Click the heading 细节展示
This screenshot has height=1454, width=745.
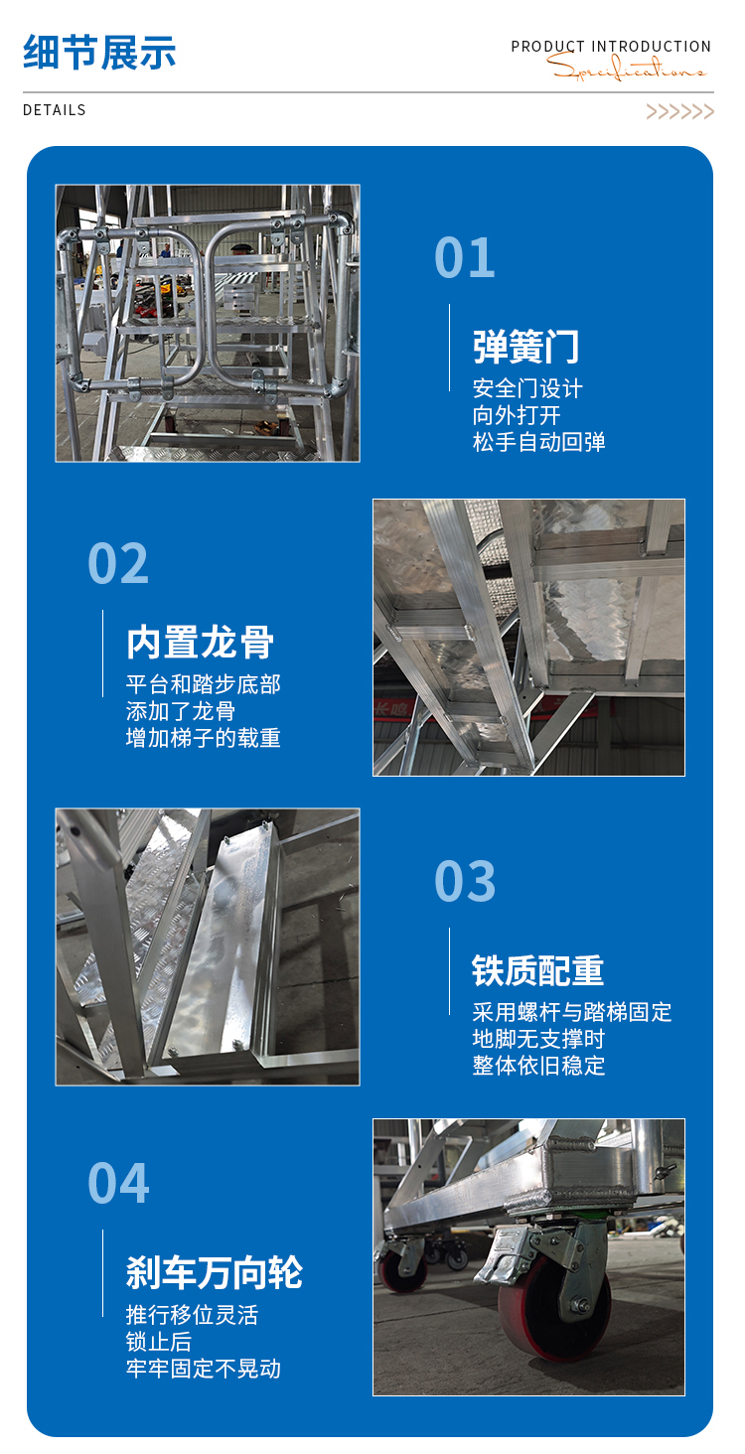click(x=99, y=52)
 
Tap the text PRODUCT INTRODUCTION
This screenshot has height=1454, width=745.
click(x=611, y=47)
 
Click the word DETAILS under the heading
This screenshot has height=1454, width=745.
click(x=54, y=110)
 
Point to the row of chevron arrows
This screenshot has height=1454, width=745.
click(x=679, y=111)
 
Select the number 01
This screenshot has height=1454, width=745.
click(x=465, y=257)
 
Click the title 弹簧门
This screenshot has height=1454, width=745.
click(x=525, y=347)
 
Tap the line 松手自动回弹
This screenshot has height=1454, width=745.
click(x=538, y=442)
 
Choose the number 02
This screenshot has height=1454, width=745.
click(x=118, y=563)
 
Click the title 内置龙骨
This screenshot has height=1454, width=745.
click(x=200, y=643)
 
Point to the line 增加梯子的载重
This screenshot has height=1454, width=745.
click(x=203, y=738)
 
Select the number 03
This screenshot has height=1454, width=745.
click(x=465, y=882)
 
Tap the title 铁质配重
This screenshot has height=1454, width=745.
click(x=538, y=971)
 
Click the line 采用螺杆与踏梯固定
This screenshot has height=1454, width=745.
click(x=572, y=1012)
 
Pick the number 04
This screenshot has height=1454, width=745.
click(x=118, y=1183)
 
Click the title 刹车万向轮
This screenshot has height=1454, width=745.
click(x=215, y=1272)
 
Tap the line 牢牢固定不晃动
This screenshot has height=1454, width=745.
click(x=203, y=1369)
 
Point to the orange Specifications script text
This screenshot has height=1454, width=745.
click(x=626, y=67)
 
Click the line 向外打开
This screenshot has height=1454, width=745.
click(x=516, y=415)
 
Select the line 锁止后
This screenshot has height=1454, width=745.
click(x=158, y=1342)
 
